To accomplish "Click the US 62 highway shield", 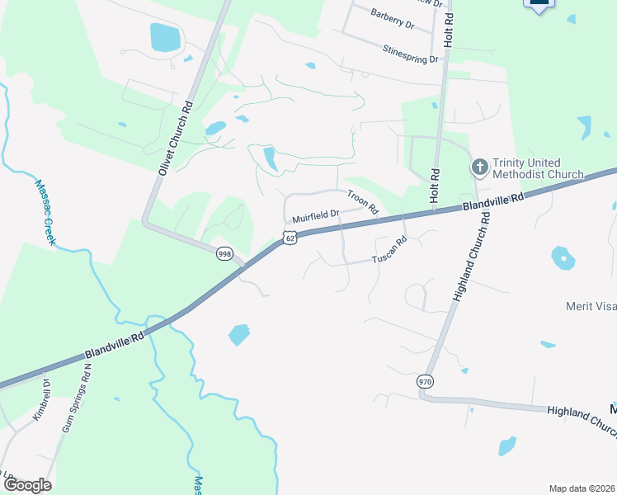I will (x=288, y=238).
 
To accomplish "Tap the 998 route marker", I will (x=224, y=253).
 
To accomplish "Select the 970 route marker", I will (x=425, y=382).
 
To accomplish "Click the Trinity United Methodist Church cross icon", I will (x=480, y=168).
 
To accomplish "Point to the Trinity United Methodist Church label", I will (x=539, y=168).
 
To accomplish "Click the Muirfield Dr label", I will (x=316, y=215).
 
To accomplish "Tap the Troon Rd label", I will (x=362, y=200).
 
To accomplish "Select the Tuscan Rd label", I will (x=389, y=252).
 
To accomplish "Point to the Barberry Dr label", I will (x=392, y=19).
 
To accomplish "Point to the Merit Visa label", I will (x=591, y=306).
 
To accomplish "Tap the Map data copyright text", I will (x=582, y=488).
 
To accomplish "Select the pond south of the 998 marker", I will (x=238, y=334).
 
